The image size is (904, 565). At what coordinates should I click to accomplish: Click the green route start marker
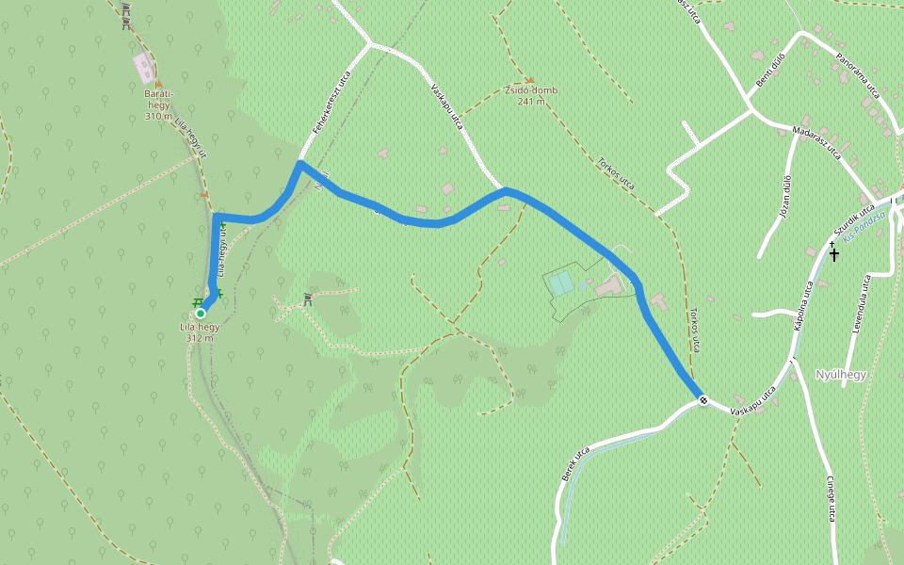201,314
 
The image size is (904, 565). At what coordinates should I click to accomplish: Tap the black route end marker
703,401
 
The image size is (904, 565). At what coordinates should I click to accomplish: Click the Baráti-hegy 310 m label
159,105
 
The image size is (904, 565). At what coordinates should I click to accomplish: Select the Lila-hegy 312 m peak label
200,331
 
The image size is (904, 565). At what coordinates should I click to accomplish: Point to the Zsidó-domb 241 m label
530,95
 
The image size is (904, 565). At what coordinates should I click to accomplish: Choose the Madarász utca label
816,142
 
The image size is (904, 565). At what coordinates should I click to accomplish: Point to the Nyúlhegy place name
840,374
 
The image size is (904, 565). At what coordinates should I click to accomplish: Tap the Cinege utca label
831,499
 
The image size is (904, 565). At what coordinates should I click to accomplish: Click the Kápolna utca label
802,306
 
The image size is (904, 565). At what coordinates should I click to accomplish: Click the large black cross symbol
833,254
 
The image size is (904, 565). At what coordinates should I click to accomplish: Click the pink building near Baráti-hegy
144,67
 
